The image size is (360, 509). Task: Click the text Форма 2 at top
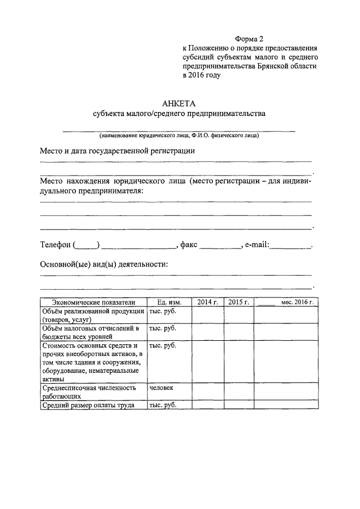249,39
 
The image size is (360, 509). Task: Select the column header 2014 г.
208,302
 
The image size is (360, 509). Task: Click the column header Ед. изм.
169,302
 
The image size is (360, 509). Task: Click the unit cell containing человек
162,388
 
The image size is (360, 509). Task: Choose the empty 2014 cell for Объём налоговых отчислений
208,332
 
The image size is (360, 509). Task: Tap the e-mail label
256,245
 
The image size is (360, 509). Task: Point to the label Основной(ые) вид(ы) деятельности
104,264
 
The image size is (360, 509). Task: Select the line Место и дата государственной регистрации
117,151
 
